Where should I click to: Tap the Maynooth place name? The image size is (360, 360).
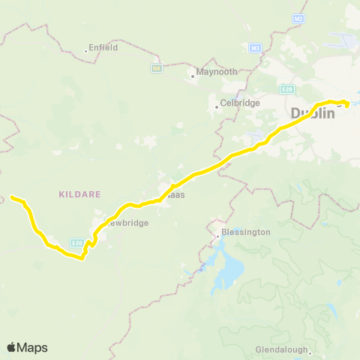click(217, 72)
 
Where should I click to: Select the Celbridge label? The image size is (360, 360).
click(239, 103)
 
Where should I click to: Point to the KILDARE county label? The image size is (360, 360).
click(78, 193)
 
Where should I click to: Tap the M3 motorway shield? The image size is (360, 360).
click(255, 48)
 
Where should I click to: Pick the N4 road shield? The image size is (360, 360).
click(157, 68)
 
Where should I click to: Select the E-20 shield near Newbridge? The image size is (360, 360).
click(76, 242)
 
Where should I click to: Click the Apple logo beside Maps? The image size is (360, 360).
click(12, 347)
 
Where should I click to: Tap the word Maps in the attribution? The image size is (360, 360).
click(32, 347)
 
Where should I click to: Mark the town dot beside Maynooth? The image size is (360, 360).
click(192, 73)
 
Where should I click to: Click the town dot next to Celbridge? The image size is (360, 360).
click(217, 106)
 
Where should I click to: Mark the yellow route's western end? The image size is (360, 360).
click(12, 197)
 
